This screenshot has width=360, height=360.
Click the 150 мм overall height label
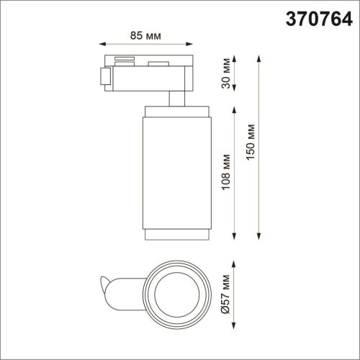click(250, 145)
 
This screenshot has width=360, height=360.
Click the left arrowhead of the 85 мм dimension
click(101, 43)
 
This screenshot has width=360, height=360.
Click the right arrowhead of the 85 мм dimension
click(192, 43)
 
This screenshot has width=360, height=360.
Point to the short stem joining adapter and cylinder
click(177, 99)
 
